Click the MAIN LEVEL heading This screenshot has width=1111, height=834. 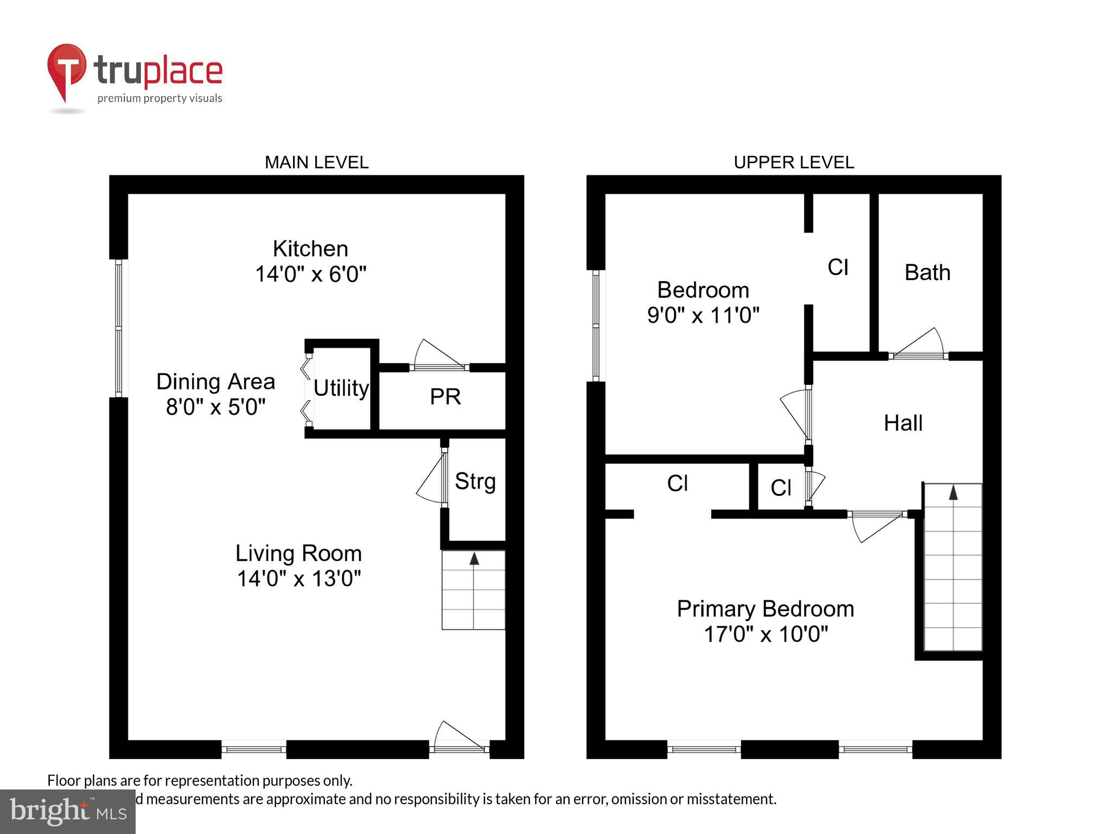(x=316, y=162)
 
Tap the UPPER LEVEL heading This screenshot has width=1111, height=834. (x=794, y=162)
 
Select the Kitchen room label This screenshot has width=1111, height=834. (x=310, y=249)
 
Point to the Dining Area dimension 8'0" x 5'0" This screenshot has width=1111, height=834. (x=216, y=407)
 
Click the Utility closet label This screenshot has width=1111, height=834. (x=341, y=388)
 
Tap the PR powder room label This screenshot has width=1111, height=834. (x=445, y=397)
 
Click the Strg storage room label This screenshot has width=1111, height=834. (x=475, y=481)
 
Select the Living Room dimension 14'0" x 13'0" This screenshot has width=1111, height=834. (x=299, y=578)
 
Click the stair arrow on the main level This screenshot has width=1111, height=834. (x=474, y=559)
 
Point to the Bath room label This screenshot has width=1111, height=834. (x=927, y=273)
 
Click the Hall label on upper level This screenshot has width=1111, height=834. (x=903, y=423)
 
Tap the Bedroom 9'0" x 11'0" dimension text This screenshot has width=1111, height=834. (x=703, y=315)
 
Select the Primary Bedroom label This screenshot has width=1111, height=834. (x=765, y=609)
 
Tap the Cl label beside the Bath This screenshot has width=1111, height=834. (x=838, y=267)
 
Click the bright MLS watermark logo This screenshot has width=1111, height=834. (x=67, y=812)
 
